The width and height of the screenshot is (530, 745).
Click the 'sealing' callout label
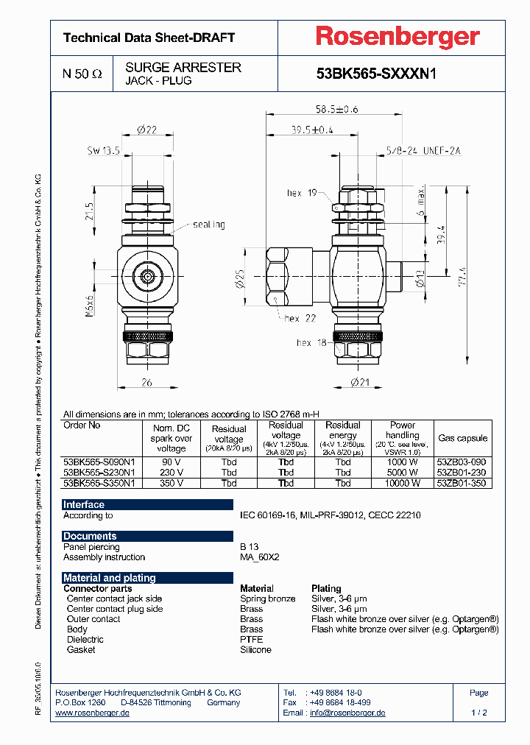209,225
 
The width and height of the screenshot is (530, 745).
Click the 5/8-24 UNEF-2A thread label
423,151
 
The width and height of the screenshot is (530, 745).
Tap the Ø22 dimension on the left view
147,130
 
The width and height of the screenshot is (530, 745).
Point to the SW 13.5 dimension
103,151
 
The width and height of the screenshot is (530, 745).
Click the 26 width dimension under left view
147,383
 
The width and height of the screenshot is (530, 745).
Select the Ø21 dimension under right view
359,383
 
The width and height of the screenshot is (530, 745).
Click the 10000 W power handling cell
402,484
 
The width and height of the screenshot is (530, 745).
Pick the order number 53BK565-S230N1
99,473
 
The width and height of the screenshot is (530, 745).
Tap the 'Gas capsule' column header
462,438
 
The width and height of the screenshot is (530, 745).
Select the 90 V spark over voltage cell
171,462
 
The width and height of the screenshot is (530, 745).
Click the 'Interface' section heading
84,505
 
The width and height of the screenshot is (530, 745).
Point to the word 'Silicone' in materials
255,650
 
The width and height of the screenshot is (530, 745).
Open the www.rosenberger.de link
93,713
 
